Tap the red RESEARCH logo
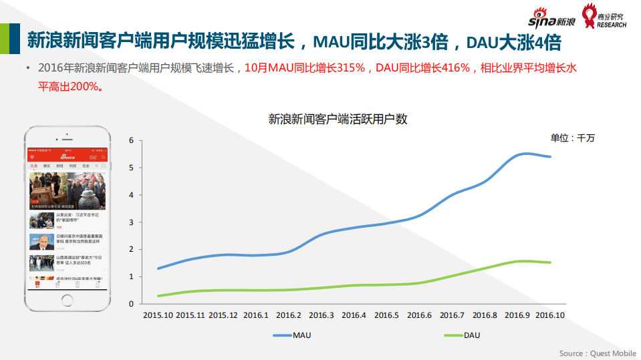(604, 16)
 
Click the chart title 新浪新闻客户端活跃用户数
(338, 120)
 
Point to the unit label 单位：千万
(572, 138)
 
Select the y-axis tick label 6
(132, 140)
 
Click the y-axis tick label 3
(132, 222)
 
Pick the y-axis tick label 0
(132, 304)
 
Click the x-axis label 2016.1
(256, 315)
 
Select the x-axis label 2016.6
(420, 315)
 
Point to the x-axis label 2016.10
(550, 315)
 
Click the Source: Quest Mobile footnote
(598, 353)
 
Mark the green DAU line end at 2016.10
(550, 262)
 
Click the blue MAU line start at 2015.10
(158, 268)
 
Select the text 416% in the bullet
(455, 68)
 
